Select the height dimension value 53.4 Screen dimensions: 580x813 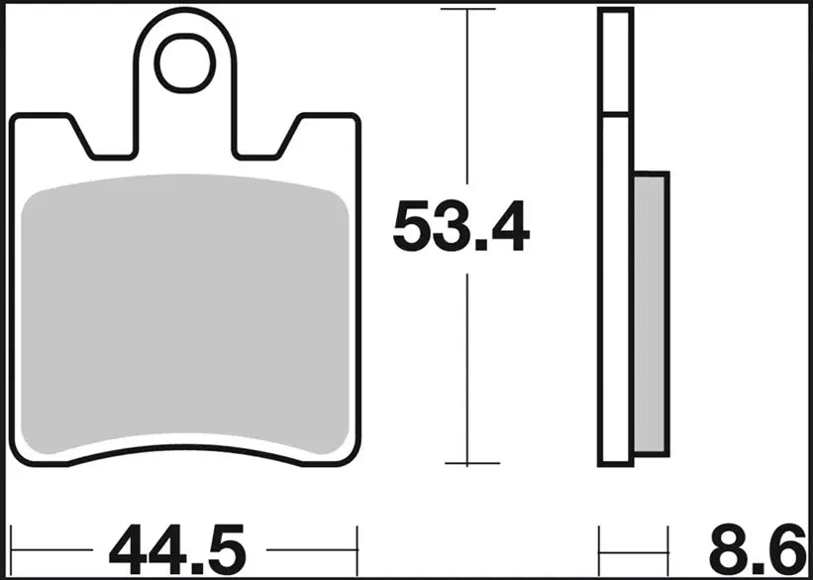460,228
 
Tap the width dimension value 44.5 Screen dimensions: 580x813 175,547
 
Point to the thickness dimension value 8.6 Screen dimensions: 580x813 758,547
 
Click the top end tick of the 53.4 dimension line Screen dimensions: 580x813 468,9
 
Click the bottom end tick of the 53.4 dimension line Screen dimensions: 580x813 468,463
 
